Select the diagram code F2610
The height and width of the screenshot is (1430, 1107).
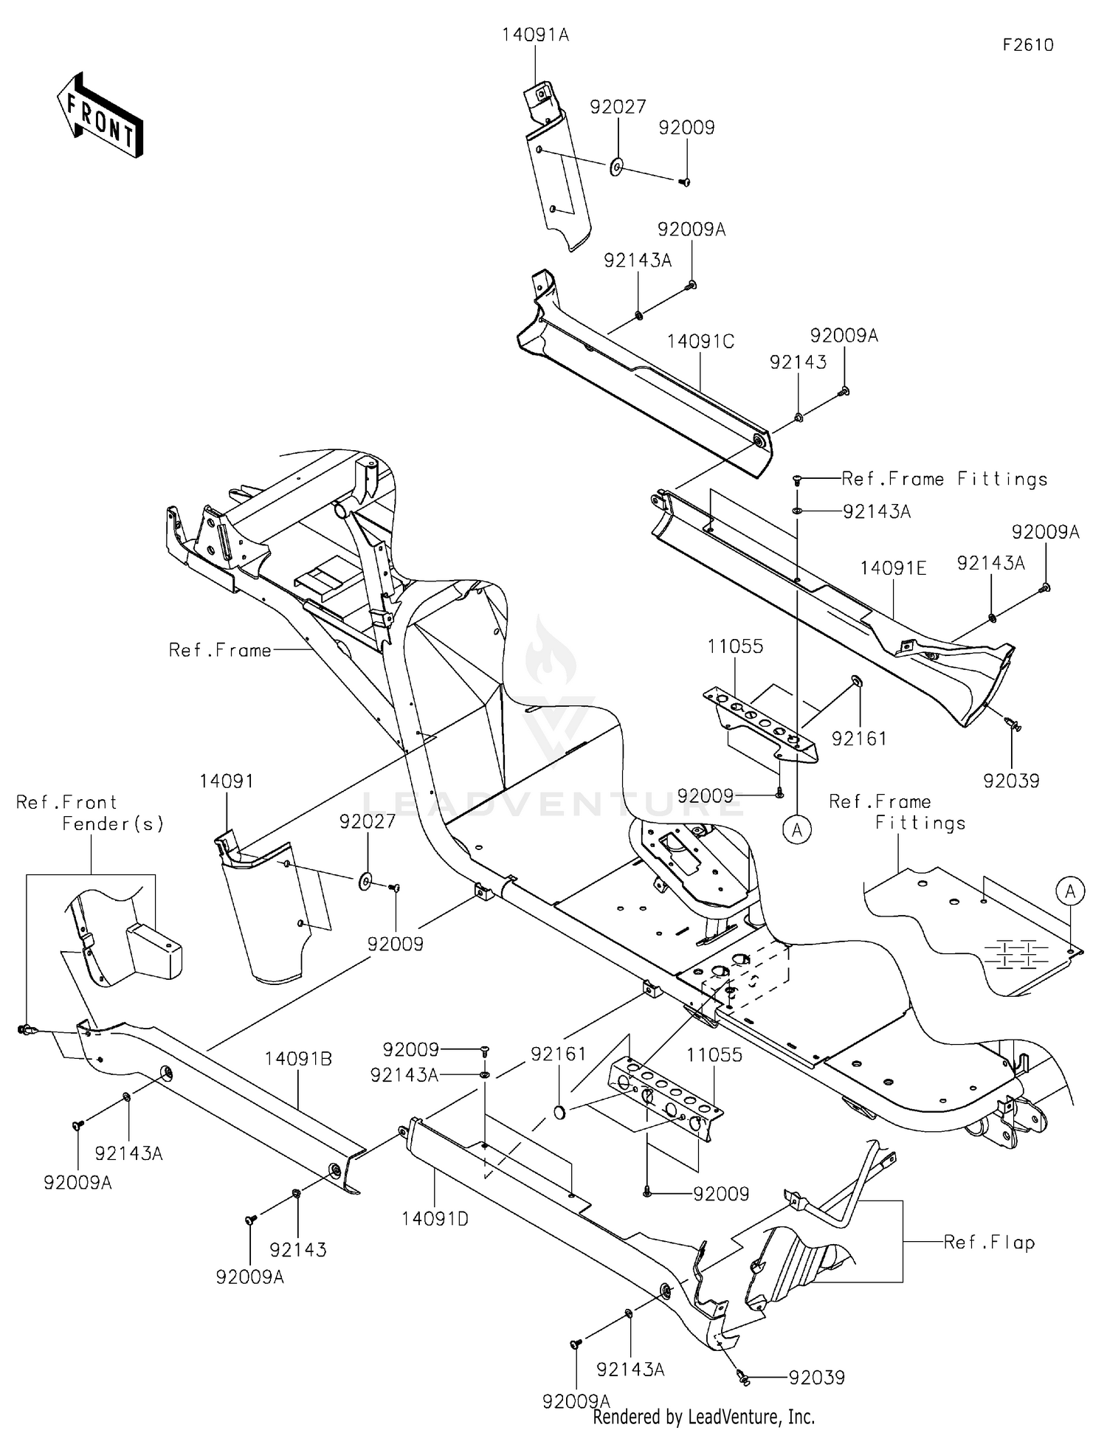[1027, 45]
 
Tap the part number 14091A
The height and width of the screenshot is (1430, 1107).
[535, 35]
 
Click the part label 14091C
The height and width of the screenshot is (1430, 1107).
[700, 342]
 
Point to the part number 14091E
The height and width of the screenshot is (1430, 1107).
[893, 568]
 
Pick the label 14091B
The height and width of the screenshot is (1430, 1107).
[298, 1059]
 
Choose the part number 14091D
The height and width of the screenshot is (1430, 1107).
[435, 1219]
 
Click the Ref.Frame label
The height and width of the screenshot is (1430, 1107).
[220, 650]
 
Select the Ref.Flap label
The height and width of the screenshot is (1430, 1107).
[989, 1243]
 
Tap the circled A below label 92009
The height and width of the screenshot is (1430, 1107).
[797, 830]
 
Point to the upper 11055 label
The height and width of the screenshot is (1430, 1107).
[735, 646]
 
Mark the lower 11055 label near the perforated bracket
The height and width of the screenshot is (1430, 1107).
[714, 1055]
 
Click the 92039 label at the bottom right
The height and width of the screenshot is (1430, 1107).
[816, 1378]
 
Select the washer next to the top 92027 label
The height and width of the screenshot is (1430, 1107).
[617, 166]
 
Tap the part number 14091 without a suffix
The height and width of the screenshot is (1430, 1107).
[227, 781]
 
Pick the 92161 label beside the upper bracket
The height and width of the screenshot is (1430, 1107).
[859, 738]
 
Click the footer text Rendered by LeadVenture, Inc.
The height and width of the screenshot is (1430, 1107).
[703, 1417]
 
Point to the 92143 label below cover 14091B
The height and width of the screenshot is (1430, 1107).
[297, 1250]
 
